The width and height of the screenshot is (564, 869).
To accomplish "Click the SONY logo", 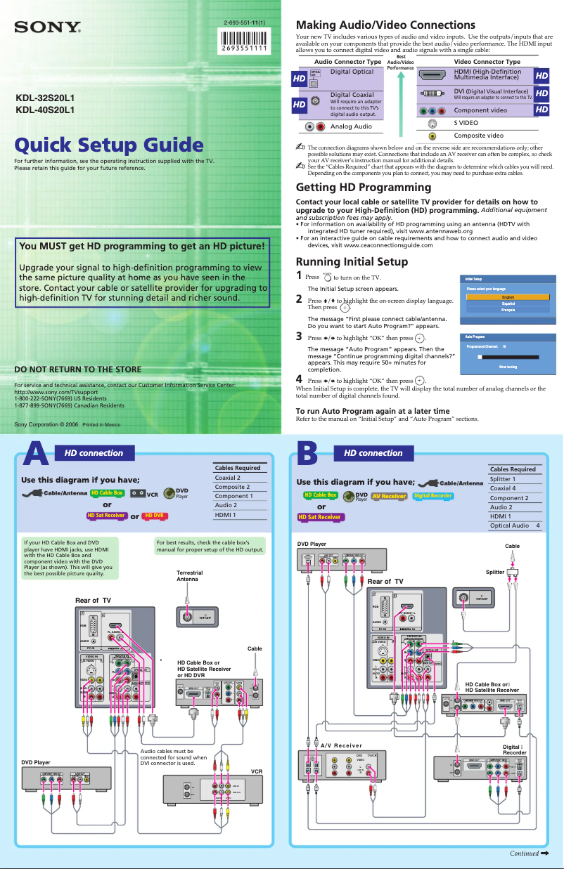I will [x=49, y=28].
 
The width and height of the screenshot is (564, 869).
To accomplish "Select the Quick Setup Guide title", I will [x=109, y=145].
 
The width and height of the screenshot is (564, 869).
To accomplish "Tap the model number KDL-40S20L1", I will [x=45, y=110].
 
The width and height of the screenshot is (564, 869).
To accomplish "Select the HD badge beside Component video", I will [x=542, y=110].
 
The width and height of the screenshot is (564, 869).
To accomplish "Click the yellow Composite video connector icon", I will [x=432, y=136].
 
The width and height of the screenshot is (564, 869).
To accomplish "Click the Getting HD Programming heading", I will [x=364, y=188].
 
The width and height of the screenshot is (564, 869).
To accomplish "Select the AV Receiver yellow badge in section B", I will [x=389, y=495].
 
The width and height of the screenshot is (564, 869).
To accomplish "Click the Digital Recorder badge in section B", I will [x=432, y=495].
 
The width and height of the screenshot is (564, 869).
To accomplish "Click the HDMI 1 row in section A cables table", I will [x=240, y=514].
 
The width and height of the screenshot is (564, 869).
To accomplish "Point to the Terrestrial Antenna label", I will [x=188, y=576].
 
